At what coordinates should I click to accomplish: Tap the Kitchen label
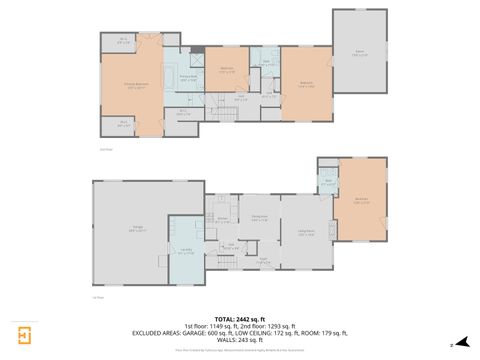(x=223, y=220)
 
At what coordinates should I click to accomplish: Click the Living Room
(x=306, y=235)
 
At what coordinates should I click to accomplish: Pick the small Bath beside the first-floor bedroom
(x=327, y=182)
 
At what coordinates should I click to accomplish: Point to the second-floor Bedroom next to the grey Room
(x=306, y=84)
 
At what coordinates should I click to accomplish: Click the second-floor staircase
(x=231, y=113)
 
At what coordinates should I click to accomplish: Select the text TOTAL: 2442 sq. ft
(x=239, y=318)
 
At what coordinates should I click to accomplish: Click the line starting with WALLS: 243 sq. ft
(x=240, y=340)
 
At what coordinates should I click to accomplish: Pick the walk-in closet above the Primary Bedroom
(x=122, y=41)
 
